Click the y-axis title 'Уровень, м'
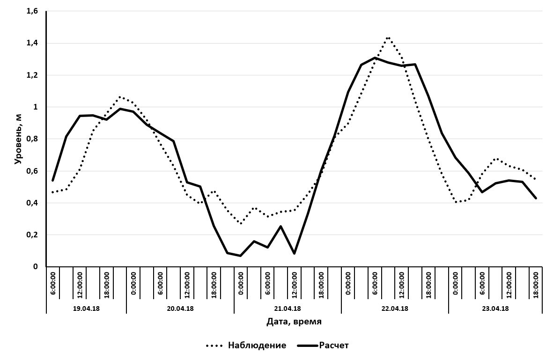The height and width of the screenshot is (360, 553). [18, 139]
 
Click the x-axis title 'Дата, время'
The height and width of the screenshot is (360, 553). [294, 322]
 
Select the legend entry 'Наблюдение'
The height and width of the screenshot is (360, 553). [257, 345]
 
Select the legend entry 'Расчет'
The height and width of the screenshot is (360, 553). [333, 345]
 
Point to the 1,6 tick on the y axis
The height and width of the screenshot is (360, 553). [32, 11]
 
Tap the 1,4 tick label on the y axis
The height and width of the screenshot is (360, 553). [32, 43]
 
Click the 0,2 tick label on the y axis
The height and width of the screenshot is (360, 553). [32, 235]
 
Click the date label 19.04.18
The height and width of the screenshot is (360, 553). [87, 309]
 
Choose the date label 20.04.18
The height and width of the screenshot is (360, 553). [180, 309]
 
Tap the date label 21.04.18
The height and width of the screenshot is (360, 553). [288, 309]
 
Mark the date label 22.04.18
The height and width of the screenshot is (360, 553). [395, 309]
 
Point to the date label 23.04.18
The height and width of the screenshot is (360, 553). [495, 309]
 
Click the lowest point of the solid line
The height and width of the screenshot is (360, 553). [240, 256]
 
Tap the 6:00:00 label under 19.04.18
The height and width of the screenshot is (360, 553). [53, 284]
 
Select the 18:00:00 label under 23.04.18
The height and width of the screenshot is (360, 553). [536, 284]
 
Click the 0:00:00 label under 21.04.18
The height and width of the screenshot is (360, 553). [241, 284]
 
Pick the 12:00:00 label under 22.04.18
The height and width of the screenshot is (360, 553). [402, 284]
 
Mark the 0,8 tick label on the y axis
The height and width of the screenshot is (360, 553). [32, 139]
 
